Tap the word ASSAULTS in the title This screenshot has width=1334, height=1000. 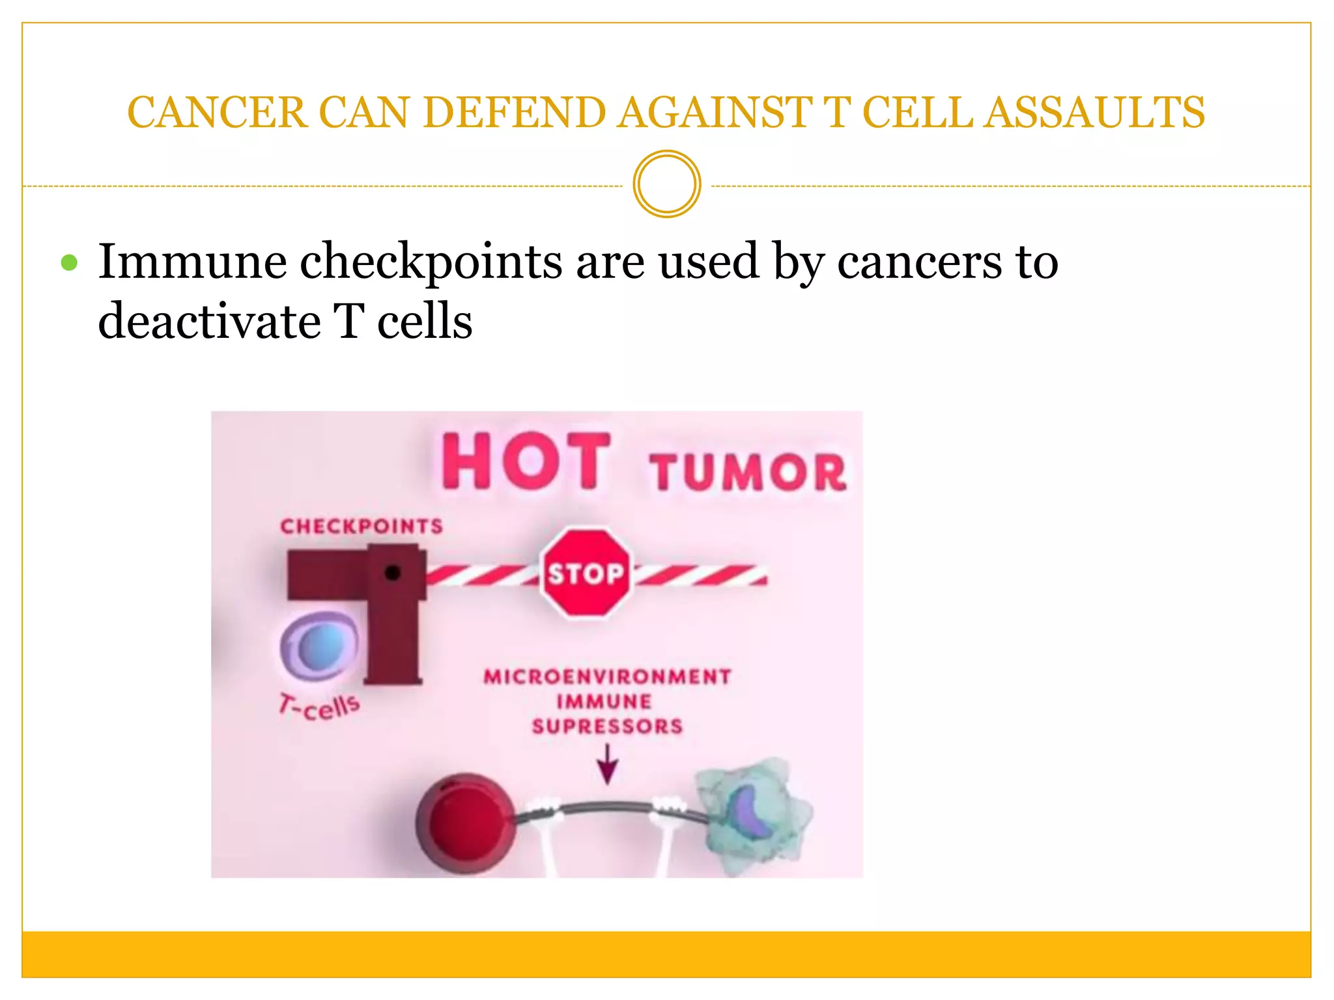coord(1094,113)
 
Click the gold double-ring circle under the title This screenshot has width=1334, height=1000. coord(666,184)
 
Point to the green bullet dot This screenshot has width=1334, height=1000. coord(69,263)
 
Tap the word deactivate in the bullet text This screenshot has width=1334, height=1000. coord(209,322)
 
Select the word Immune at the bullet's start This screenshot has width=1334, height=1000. coord(192,262)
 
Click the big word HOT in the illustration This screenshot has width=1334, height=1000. coord(526,462)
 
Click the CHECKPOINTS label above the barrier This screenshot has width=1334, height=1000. coord(362,526)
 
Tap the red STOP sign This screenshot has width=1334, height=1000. coord(585,573)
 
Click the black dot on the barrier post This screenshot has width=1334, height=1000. coord(392,572)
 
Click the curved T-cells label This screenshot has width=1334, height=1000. coord(319,706)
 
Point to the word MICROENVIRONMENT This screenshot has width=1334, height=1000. coord(607,677)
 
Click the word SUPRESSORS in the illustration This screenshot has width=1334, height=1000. coord(607,726)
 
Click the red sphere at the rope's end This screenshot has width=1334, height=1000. coord(464,822)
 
